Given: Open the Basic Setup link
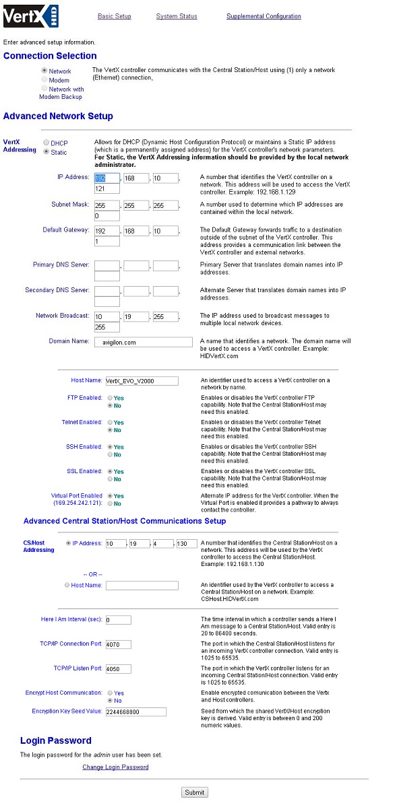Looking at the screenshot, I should coord(114,16).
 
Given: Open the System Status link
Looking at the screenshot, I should coord(177,16).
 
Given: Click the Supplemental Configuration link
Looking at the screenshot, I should coord(264,16).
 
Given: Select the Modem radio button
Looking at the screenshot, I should coord(44,80).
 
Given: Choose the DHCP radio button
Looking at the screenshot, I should coord(46,143).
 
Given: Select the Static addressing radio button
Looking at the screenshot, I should coord(46,152).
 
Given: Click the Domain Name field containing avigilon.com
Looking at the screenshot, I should coord(144,342).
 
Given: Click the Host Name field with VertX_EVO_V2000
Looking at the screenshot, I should coord(142,381).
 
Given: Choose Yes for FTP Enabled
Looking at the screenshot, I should coord(110,398).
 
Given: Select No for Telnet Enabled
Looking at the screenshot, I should coord(110,430).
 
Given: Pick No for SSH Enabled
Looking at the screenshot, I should coord(110,455).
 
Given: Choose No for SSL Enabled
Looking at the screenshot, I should coord(110,479).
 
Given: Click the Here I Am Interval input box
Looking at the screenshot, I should coord(118,620).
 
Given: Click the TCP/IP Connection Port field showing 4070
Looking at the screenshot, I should coord(118,644).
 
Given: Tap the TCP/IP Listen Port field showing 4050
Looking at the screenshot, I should coord(118,669).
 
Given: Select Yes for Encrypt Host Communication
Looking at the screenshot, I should coord(110,693).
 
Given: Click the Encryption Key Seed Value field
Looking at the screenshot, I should coord(135,711).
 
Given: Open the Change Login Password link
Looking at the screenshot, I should coord(115,767).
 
